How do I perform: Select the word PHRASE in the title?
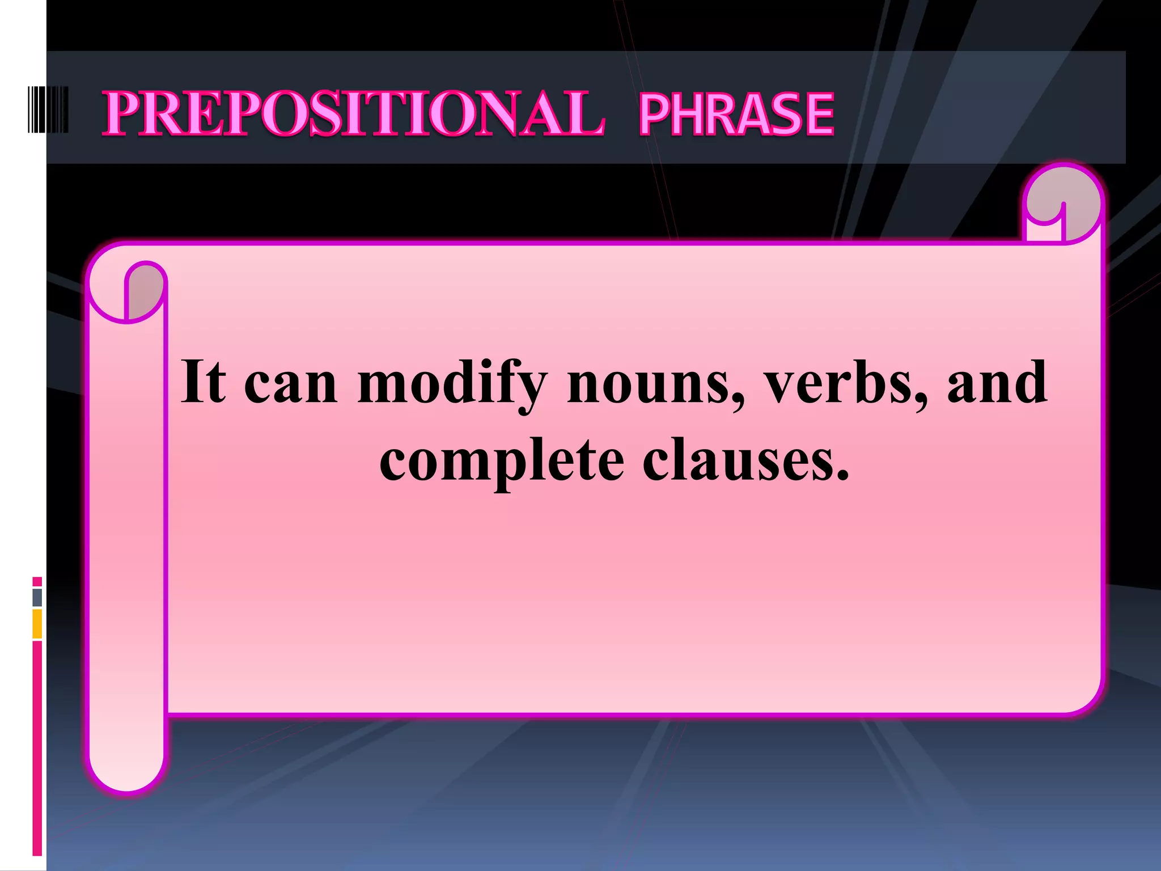tap(736, 115)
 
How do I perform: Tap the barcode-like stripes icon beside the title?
tap(48, 110)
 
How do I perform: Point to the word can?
tap(291, 386)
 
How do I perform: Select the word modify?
tap(452, 386)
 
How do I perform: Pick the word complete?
tap(501, 462)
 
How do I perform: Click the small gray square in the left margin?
tap(37, 597)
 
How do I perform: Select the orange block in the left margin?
tap(37, 624)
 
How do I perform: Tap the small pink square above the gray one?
tap(37, 581)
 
